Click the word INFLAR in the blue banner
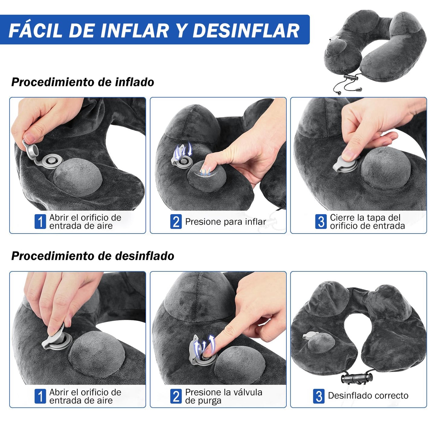134,30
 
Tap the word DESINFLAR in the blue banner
246,30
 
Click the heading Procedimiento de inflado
83,82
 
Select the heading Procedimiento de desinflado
93,256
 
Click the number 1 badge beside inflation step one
40,221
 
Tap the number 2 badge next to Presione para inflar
176,221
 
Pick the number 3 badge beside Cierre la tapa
321,221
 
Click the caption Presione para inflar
226,222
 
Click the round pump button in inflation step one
78,177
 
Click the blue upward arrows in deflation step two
205,345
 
